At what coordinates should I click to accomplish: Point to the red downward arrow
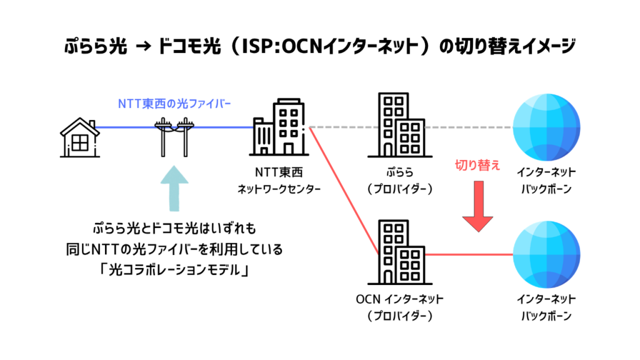pos(478,207)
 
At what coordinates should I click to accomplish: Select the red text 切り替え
pos(478,165)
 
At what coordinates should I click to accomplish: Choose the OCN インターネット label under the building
pos(400,299)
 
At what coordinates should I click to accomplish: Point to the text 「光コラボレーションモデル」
pos(174,272)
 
